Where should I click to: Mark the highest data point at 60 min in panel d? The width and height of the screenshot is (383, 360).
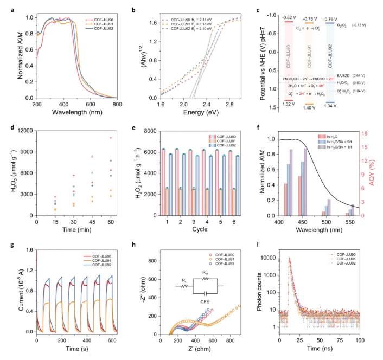[x=111, y=138]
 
